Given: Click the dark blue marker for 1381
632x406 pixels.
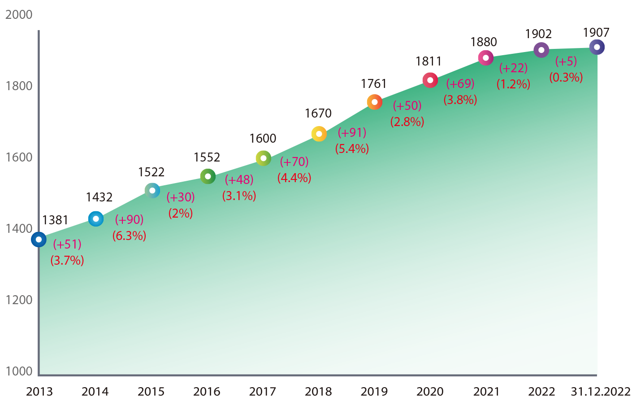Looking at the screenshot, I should coord(39,240).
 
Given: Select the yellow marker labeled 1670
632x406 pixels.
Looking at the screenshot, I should coord(319,134).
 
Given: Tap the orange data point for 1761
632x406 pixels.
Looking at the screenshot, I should coord(375,102).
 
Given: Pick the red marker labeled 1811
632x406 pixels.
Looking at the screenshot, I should coord(430,80).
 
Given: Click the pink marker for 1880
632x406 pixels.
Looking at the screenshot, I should coord(485,57).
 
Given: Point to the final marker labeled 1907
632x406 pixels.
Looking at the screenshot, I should coord(597,47).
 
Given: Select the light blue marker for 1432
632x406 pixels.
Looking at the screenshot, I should coord(95,219).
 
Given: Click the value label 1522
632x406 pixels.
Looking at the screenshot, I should coord(151,172).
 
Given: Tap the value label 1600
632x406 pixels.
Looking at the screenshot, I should coord(263,138).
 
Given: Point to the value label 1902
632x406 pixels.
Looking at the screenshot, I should coord(538,34).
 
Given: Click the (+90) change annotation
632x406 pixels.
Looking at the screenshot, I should coord(129,219).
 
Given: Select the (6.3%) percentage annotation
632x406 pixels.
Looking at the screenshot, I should coord(129,236).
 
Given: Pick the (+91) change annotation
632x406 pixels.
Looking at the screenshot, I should coord(352,132).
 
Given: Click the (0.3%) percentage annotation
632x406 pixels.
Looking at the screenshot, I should coord(566,77).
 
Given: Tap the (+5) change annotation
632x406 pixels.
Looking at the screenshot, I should coord(566,61).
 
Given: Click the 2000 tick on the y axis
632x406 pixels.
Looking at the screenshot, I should coord(19,15).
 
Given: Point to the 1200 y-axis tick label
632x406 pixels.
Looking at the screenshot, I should coord(19,300).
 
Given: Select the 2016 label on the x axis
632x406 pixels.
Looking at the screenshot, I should coord(207,392).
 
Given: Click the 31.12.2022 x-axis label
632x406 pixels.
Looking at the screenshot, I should coord(601,392).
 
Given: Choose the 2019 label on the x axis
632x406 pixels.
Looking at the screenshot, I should coord(374,392).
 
